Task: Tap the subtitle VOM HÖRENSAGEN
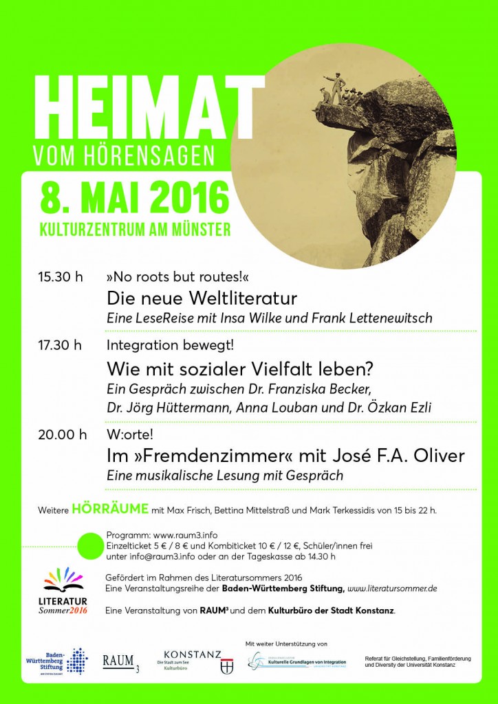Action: tap(124, 155)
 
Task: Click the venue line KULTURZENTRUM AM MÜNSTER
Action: tap(135, 229)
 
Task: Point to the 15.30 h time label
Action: tap(61, 277)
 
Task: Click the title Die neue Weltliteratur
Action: tap(202, 299)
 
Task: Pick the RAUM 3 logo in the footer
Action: tap(120, 662)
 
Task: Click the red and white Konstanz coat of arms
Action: tap(226, 665)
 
